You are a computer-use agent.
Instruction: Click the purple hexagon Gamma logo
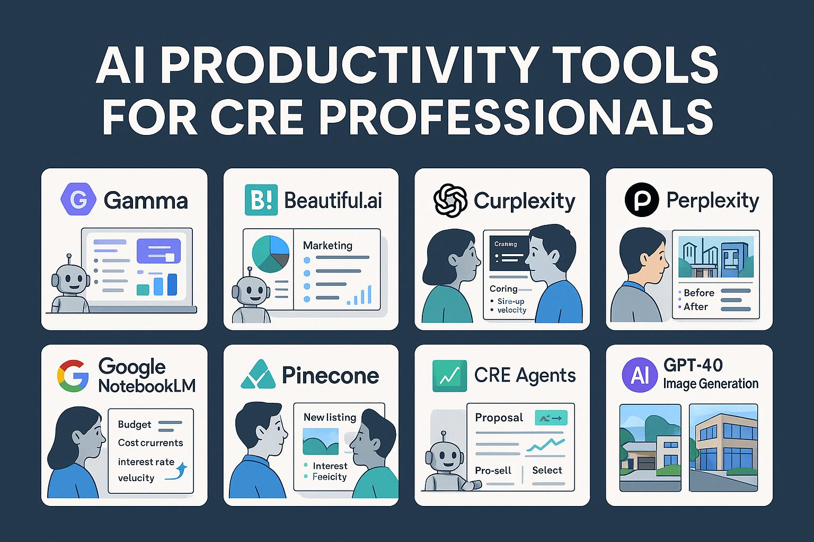click(x=78, y=199)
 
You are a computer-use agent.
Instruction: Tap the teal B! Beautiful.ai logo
click(x=261, y=200)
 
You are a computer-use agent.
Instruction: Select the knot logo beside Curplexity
click(x=450, y=201)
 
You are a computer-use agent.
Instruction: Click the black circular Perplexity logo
click(x=642, y=200)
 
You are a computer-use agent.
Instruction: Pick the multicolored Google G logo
click(x=73, y=376)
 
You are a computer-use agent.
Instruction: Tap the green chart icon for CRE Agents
click(x=449, y=376)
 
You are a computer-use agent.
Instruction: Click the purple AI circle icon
click(x=640, y=375)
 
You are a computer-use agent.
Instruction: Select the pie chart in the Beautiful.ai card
click(x=270, y=254)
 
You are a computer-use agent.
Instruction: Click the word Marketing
click(x=328, y=246)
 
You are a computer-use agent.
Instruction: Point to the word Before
click(x=699, y=293)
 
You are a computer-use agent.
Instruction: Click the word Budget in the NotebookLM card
click(x=135, y=424)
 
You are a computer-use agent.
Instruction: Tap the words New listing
click(x=330, y=418)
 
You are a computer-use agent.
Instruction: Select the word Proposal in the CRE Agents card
click(x=499, y=418)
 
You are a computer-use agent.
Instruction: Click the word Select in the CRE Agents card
click(x=547, y=470)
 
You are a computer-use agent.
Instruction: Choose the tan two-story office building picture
click(x=723, y=448)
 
